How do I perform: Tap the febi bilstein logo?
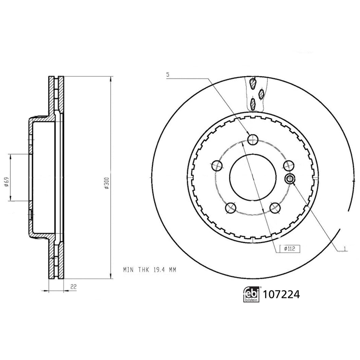click(252, 294)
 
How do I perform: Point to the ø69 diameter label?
click(6, 182)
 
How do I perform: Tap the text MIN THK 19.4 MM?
click(149, 270)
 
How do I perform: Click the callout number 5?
click(167, 74)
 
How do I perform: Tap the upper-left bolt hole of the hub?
click(217, 166)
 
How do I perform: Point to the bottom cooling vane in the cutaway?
click(253, 103)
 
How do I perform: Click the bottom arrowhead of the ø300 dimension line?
click(110, 277)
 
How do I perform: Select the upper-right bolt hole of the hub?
click(288, 165)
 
